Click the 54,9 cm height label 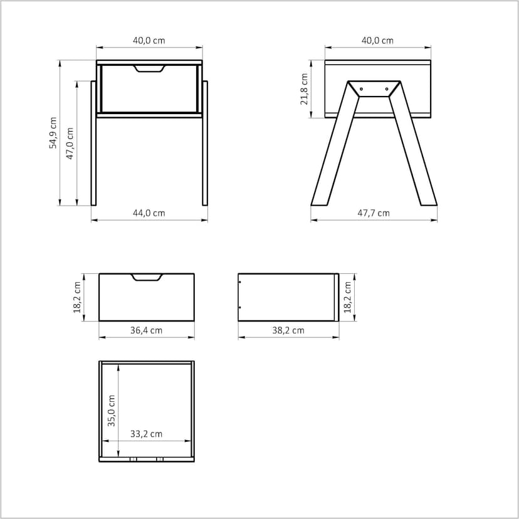tap(53, 133)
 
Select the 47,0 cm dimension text tap(70, 144)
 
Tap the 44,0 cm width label tap(149, 213)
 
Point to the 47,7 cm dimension tap(374, 213)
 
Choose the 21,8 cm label tap(304, 89)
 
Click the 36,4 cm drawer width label tap(146, 330)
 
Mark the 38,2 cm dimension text tap(288, 330)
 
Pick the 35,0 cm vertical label tap(111, 411)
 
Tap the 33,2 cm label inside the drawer tap(146, 434)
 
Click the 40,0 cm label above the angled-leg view tap(377, 41)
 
